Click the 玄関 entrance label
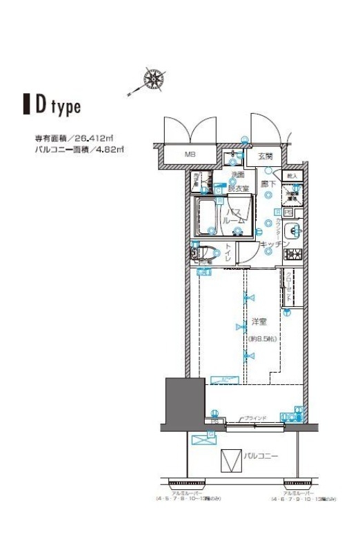tap(266, 157)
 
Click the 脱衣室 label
tap(239, 187)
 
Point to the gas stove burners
tap(293, 253)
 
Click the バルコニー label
tap(260, 456)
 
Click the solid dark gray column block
tap(184, 404)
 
